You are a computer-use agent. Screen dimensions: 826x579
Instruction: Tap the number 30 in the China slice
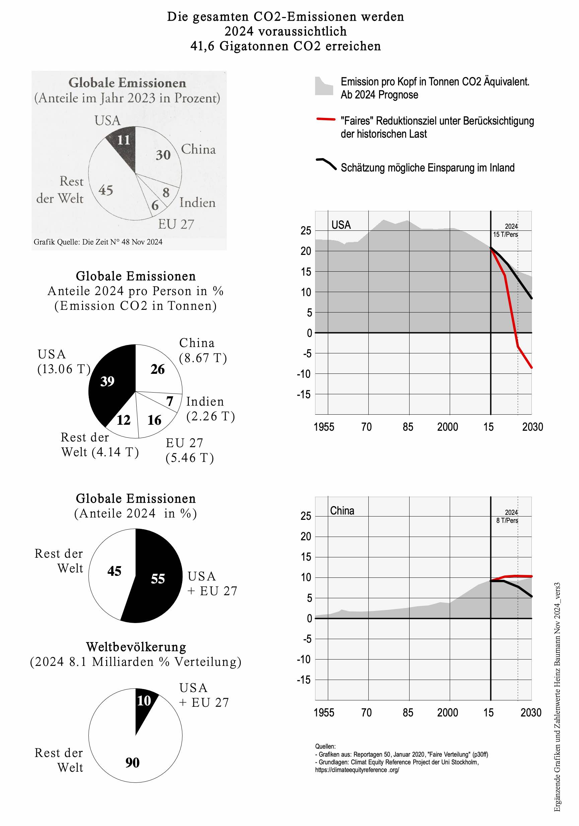(x=163, y=155)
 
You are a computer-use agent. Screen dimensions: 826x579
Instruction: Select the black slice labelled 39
(x=108, y=381)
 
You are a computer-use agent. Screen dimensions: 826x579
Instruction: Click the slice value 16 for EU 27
(x=154, y=420)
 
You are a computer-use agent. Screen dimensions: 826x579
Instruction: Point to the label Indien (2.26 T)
(x=210, y=409)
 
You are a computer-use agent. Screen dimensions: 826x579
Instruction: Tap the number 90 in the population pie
(x=132, y=762)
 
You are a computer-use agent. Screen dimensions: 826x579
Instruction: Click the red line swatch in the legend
(x=325, y=119)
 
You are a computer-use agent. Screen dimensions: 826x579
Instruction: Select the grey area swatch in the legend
(x=324, y=87)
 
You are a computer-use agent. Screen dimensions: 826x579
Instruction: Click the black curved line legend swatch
(x=326, y=163)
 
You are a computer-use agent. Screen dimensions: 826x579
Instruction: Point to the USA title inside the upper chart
(x=341, y=225)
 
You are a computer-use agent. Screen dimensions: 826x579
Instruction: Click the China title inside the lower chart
(x=342, y=510)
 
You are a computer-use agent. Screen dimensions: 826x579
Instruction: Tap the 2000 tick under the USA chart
(x=447, y=427)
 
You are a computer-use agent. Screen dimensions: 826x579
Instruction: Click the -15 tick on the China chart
(x=303, y=680)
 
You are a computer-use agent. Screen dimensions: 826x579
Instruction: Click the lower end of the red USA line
(x=531, y=367)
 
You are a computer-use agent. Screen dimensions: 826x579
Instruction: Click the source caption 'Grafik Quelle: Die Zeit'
(x=98, y=242)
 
